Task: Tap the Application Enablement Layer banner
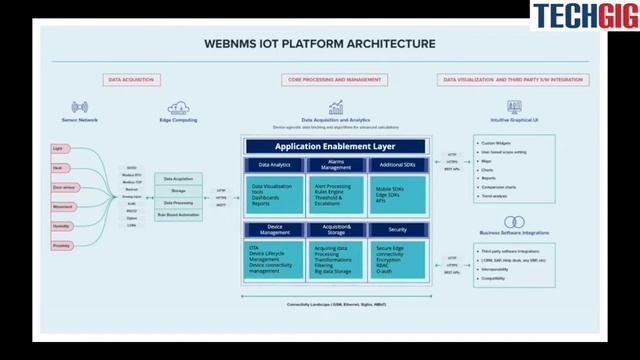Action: (x=336, y=146)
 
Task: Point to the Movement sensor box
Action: (x=62, y=206)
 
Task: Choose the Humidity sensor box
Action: (x=62, y=225)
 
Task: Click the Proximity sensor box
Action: (x=62, y=244)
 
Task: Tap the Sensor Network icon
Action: (x=80, y=106)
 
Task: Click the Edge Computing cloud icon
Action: (x=180, y=106)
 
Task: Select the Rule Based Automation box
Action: (x=178, y=215)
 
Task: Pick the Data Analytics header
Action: (x=275, y=165)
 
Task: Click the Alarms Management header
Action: (x=336, y=165)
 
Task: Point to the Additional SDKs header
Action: (x=397, y=165)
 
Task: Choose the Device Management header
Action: (x=275, y=230)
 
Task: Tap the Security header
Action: (x=397, y=228)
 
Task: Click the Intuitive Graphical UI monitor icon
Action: (x=514, y=106)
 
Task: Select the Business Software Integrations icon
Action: (x=514, y=216)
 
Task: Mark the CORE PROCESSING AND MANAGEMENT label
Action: (x=336, y=79)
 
